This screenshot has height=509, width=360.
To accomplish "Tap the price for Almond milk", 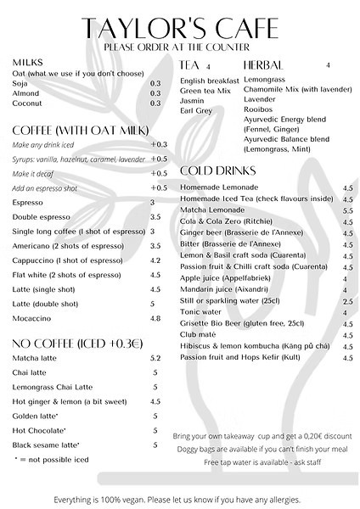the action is [155, 93].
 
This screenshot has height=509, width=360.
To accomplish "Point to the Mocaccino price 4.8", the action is [155, 318].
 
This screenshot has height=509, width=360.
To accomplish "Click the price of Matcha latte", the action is [155, 359].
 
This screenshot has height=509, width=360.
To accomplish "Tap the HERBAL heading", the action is [262, 64].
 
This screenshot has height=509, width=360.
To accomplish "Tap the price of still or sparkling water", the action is [347, 301].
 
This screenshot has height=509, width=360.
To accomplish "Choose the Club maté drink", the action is [200, 336].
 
